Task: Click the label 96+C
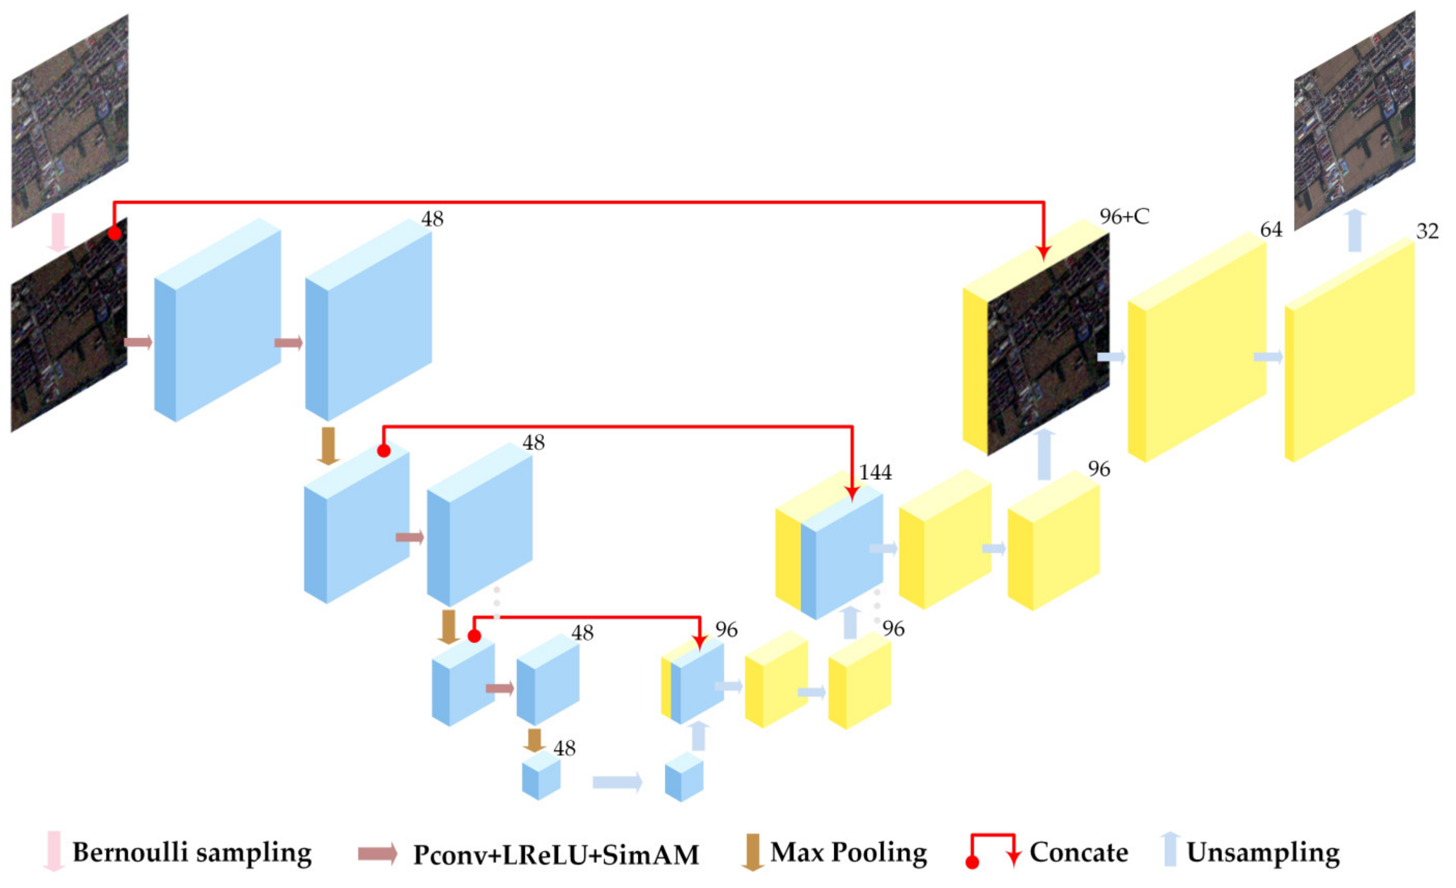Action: pos(1124,217)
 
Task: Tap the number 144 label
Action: pos(875,472)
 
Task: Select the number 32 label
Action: pos(1427,231)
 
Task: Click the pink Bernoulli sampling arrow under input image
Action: pos(58,232)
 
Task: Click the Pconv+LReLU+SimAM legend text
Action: pos(555,854)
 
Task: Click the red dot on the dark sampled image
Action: pos(115,233)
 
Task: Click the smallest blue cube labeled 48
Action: pos(540,779)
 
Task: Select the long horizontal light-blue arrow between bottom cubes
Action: pos(617,782)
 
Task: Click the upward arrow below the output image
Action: pos(1355,231)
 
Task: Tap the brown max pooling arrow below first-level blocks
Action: pos(328,446)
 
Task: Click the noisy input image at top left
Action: pos(70,121)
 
